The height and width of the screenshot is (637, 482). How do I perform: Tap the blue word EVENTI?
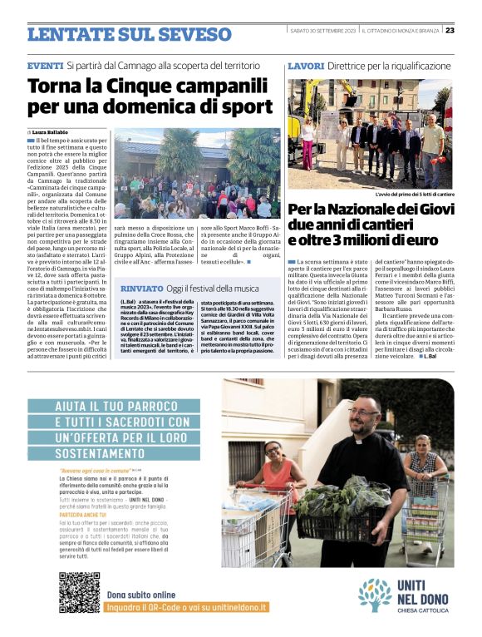coord(44,65)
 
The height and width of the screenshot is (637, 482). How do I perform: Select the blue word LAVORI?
coord(305,65)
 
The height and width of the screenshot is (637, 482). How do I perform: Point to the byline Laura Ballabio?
coord(51,131)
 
